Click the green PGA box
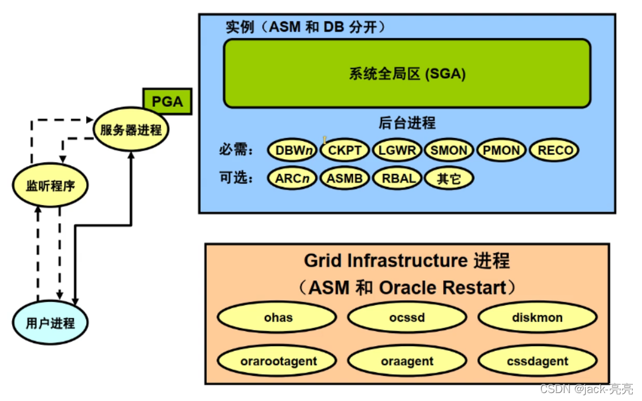coord(167,101)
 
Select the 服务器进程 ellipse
coord(131,130)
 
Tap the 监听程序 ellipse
coord(51,186)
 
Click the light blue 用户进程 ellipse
coord(51,323)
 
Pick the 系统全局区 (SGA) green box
coord(407,74)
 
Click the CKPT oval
coord(345,150)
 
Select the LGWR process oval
coord(397,150)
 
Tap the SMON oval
coord(449,150)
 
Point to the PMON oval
coord(502,150)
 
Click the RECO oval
coord(554,150)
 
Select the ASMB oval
coord(345,178)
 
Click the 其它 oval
coord(449,178)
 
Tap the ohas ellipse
coord(278,318)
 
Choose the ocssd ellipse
coord(407,318)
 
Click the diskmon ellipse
coord(538,318)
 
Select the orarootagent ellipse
coord(278,361)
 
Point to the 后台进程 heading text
coord(407,123)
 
